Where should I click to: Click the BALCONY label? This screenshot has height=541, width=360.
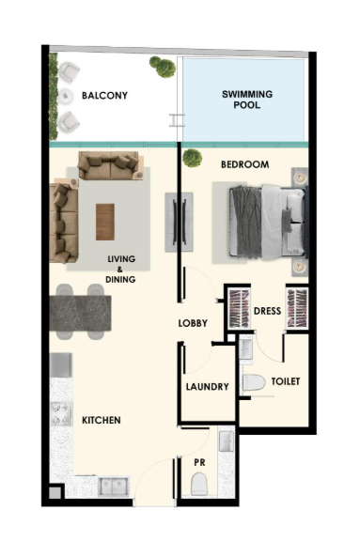tap(104, 95)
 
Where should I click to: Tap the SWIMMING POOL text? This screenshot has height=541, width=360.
tap(247, 100)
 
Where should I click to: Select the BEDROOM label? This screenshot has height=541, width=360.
tap(244, 164)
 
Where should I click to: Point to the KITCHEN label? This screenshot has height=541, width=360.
tap(102, 420)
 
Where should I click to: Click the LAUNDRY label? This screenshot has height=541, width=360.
tap(207, 387)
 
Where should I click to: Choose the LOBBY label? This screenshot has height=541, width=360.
tap(193, 323)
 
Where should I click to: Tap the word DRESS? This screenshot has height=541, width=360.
tap(267, 311)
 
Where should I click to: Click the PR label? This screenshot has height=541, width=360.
tap(199, 462)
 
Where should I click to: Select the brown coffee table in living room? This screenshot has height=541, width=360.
tap(105, 222)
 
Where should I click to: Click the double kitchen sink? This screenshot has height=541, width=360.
tap(113, 487)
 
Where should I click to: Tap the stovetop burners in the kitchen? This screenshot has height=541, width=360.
tap(61, 413)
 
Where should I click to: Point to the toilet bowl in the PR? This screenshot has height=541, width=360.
tap(199, 484)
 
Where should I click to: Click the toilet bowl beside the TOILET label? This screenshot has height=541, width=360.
tap(254, 382)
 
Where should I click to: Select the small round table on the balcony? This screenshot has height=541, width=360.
tap(65, 96)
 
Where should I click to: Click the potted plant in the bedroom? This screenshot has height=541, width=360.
tap(193, 158)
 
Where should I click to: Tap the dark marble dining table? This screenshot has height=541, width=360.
tap(80, 313)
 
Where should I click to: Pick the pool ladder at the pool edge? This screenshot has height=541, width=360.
tap(176, 120)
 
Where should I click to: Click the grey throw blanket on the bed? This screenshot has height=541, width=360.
tap(245, 223)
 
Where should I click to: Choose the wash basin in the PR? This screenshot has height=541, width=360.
tap(227, 441)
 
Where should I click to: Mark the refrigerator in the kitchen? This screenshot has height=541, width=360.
tap(61, 365)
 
